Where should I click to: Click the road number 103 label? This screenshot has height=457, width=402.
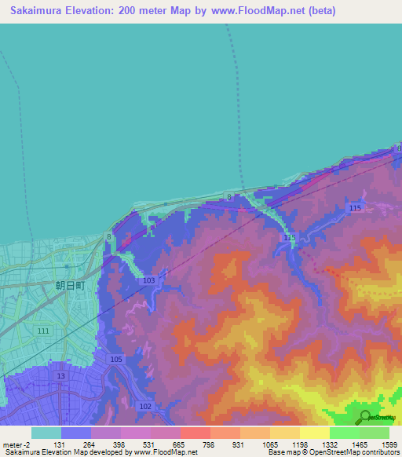click(148, 280)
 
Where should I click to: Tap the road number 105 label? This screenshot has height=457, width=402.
click(116, 359)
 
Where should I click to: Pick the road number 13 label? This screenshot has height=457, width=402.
click(61, 376)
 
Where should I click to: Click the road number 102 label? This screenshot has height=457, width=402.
click(145, 406)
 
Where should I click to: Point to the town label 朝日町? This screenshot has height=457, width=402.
click(70, 287)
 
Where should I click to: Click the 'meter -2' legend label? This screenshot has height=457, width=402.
click(15, 444)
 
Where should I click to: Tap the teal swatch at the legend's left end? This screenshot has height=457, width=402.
click(46, 433)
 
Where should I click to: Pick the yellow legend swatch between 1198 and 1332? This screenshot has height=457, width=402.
click(315, 433)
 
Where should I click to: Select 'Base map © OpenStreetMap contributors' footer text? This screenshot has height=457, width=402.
click(333, 453)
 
